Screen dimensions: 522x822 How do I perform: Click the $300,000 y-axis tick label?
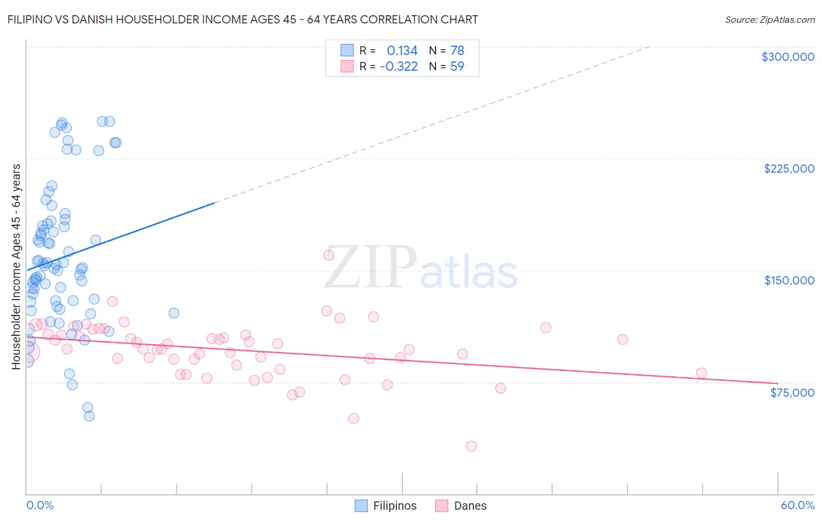[788, 57]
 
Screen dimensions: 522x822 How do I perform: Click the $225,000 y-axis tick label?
[789, 169]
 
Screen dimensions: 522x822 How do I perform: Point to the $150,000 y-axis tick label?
[789, 280]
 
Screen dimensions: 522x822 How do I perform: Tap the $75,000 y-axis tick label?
[792, 393]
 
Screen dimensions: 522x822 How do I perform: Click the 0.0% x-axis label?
[40, 505]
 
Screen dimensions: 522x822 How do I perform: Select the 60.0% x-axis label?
[797, 505]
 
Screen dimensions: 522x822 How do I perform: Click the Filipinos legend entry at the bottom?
[386, 506]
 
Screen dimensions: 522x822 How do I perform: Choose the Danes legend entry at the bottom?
[461, 506]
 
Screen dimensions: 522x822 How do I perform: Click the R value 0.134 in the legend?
[402, 51]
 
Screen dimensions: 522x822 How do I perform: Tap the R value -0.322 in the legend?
[399, 67]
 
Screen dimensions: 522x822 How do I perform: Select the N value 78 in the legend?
[457, 51]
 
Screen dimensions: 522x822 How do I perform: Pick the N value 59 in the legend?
[457, 67]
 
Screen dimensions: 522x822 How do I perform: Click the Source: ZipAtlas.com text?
[769, 20]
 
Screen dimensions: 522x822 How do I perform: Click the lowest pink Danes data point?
[471, 446]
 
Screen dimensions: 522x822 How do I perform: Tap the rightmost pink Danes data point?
[702, 373]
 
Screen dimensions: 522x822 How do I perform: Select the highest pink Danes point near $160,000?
[329, 255]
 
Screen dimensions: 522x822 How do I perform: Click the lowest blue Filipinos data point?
[89, 416]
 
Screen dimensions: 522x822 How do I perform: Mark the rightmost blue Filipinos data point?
[174, 313]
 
